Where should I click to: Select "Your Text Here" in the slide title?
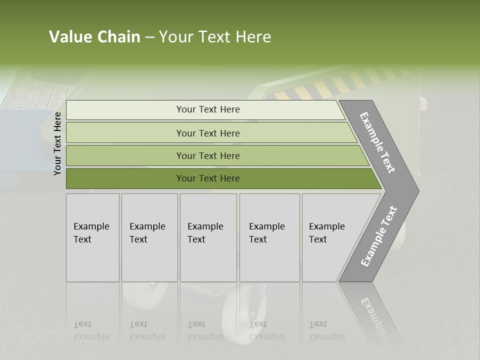(x=215, y=37)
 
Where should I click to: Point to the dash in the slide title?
(x=149, y=37)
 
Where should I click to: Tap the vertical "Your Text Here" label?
(x=57, y=143)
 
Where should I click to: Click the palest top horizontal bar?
(x=207, y=109)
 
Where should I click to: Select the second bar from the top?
(x=207, y=133)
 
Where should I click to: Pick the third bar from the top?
(x=207, y=155)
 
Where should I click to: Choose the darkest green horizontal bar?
(x=207, y=178)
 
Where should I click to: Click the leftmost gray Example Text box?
(x=92, y=237)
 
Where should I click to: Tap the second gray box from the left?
(x=149, y=237)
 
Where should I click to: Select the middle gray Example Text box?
(x=208, y=237)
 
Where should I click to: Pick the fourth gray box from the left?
(x=269, y=237)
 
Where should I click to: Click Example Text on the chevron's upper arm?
(x=377, y=142)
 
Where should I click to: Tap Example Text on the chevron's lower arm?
(x=379, y=236)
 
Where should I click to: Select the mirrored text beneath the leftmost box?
(x=91, y=330)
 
